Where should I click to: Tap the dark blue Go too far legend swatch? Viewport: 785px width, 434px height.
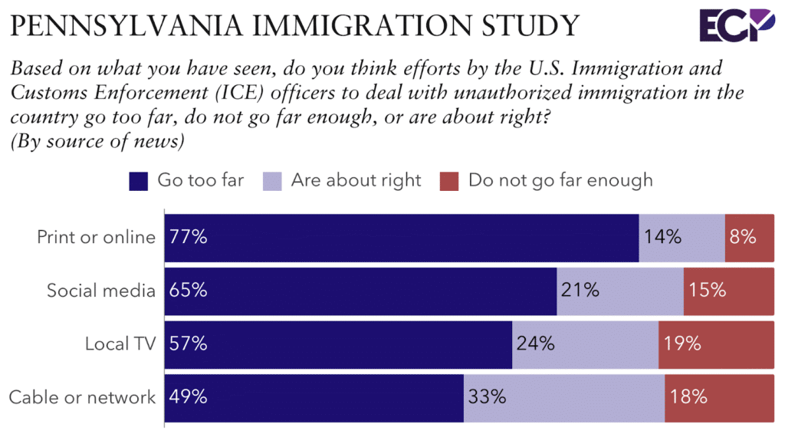click(x=139, y=182)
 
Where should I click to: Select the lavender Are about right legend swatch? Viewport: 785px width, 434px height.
click(x=273, y=182)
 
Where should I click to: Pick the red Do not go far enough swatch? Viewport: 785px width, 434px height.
click(x=449, y=182)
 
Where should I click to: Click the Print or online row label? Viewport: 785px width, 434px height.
click(x=97, y=237)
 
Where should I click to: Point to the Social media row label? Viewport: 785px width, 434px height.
click(x=101, y=291)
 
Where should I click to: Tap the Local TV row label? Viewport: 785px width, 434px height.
click(x=120, y=344)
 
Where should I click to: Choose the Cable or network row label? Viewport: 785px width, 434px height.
click(x=82, y=397)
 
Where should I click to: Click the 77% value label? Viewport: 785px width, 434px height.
click(x=189, y=237)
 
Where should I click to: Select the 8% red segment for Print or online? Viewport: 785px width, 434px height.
click(x=749, y=238)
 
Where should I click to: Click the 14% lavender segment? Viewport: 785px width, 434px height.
click(x=682, y=238)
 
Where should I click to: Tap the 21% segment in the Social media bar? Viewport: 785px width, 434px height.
click(x=619, y=291)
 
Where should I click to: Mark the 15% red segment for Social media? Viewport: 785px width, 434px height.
click(x=728, y=291)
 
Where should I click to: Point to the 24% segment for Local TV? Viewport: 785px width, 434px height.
click(x=585, y=344)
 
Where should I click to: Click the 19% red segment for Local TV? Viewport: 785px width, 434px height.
click(x=716, y=344)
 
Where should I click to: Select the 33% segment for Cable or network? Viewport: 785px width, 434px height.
click(x=563, y=397)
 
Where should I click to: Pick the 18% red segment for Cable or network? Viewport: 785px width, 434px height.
click(x=719, y=397)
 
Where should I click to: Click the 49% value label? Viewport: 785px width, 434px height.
click(x=189, y=397)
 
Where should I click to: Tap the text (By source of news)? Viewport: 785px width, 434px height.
click(x=97, y=141)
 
